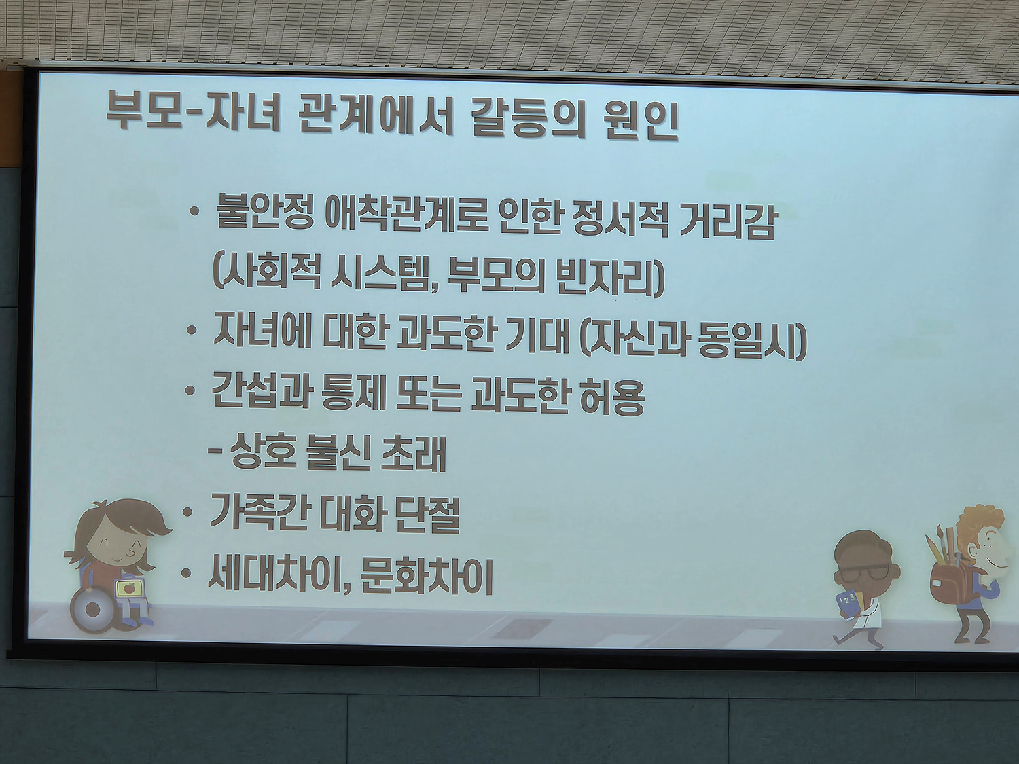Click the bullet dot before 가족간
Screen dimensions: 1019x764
click(187, 511)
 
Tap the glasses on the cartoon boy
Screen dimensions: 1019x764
click(865, 572)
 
